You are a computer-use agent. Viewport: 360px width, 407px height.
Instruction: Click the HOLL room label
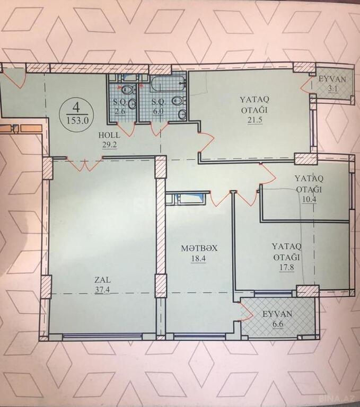click(109, 135)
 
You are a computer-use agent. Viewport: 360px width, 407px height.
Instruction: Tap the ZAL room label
click(102, 280)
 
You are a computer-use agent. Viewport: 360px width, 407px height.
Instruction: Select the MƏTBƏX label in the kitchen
click(199, 249)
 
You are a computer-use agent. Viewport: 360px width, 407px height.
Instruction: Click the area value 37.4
click(102, 290)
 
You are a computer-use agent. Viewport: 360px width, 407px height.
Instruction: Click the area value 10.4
click(309, 200)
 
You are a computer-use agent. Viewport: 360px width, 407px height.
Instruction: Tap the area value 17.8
click(287, 267)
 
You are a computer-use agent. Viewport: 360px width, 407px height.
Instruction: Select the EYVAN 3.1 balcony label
click(333, 84)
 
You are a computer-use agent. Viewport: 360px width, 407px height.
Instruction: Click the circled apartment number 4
click(76, 107)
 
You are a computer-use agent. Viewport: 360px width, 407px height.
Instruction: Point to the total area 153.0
click(77, 120)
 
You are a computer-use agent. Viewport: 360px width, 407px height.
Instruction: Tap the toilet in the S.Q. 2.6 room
click(128, 90)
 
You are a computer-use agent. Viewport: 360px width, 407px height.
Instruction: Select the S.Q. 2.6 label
click(121, 107)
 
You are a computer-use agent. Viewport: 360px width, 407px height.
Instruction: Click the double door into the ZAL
click(85, 164)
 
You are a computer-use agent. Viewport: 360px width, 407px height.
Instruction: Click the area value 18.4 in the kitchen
click(199, 259)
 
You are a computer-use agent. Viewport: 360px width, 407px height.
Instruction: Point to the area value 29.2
click(109, 145)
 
